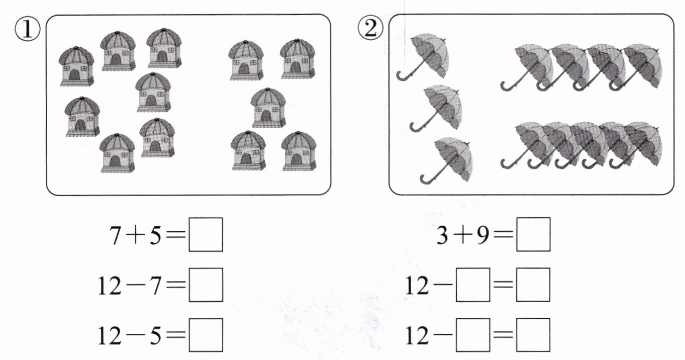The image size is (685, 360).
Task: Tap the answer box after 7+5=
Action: (x=206, y=234)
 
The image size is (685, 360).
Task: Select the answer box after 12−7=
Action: (x=206, y=285)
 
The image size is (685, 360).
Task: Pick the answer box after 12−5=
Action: (x=206, y=335)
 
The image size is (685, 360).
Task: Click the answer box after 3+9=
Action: (x=533, y=234)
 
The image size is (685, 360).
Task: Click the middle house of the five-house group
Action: (x=268, y=108)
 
